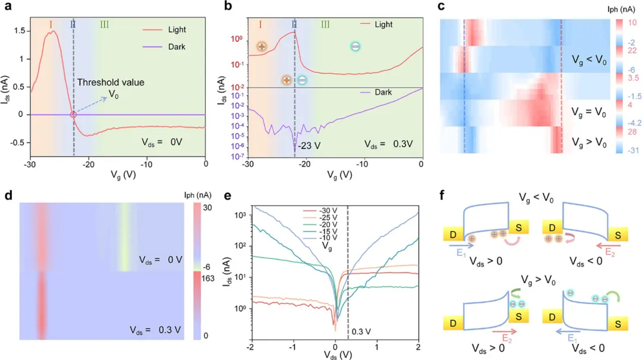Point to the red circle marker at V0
pos(73,115)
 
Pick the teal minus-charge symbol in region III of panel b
pos(355,46)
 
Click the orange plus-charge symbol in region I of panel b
pos(261,46)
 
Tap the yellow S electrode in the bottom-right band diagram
pos(617,323)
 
